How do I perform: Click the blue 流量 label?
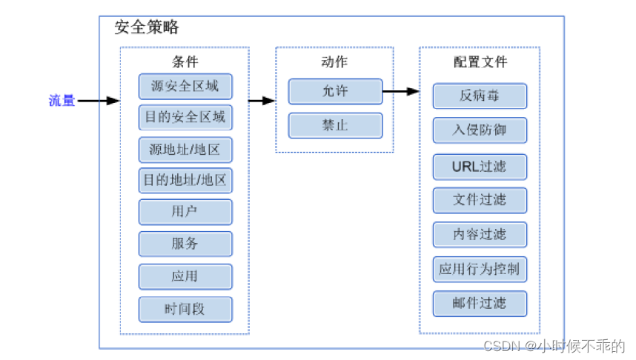coord(62,100)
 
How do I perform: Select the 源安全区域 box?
coord(185,87)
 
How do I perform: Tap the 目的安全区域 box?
coord(185,117)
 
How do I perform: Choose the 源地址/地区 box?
coord(185,150)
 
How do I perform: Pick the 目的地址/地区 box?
coord(185,180)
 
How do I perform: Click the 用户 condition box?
coord(185,212)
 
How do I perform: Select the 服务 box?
coord(185,244)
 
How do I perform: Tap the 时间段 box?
coord(185,310)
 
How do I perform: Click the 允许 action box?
coord(336,91)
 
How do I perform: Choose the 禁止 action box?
coord(336,125)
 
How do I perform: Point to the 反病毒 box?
coord(480,96)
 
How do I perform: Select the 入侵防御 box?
coord(480,130)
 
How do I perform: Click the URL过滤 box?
coord(480,167)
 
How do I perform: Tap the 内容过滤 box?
coord(480,234)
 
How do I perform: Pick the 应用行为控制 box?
coord(480,269)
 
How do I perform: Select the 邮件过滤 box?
coord(480,303)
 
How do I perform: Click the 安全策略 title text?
coord(147,27)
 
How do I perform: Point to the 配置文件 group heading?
coord(480,62)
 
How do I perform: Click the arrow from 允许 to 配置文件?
coord(401,91)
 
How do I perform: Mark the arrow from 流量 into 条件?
coord(99,101)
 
